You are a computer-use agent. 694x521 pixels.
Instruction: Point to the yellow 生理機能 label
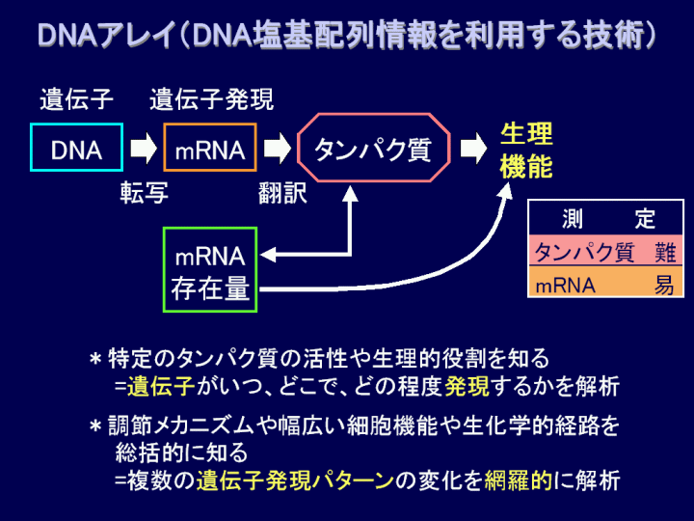click(x=526, y=151)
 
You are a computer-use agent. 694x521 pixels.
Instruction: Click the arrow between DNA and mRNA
click(x=144, y=148)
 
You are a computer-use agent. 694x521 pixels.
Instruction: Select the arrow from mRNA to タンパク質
click(x=277, y=148)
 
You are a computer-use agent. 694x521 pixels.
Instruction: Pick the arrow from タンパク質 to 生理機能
click(x=473, y=148)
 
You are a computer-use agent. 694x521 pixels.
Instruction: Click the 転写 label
click(x=145, y=193)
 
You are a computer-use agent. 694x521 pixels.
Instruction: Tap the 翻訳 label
click(x=282, y=193)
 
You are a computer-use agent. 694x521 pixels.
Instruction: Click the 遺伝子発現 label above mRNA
click(x=211, y=99)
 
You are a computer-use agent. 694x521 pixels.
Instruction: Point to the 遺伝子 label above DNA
click(x=76, y=99)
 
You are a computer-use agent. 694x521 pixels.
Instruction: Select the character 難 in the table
click(x=665, y=253)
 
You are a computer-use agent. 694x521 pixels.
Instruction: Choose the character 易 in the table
click(x=664, y=285)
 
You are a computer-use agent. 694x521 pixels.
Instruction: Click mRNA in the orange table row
click(x=565, y=286)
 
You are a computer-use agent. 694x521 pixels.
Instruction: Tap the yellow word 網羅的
click(x=519, y=480)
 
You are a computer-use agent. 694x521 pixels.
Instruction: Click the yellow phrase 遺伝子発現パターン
click(x=295, y=480)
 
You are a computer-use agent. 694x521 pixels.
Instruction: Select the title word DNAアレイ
click(x=107, y=35)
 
